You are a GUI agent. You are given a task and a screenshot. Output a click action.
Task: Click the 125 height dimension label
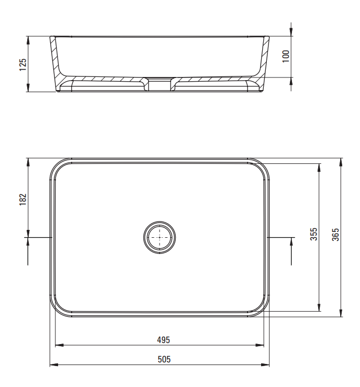pyautogui.click(x=23, y=64)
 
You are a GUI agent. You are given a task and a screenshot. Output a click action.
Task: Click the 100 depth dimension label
pyautogui.click(x=286, y=56)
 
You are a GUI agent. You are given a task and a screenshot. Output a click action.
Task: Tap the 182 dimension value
pyautogui.click(x=23, y=200)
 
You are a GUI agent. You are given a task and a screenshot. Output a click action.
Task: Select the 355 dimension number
pyautogui.click(x=313, y=234)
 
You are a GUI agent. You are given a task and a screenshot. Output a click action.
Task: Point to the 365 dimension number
pyautogui.click(x=335, y=235)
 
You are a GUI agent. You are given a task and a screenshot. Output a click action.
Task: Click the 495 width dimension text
pyautogui.click(x=163, y=340)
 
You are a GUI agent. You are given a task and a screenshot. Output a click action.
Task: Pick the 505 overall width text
pyautogui.click(x=164, y=359)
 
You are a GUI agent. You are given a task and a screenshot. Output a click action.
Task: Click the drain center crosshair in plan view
pyautogui.click(x=160, y=237)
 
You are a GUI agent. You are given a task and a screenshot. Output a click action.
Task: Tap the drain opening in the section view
pyautogui.click(x=160, y=84)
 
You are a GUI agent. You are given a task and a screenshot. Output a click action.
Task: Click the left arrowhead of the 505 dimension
pyautogui.click(x=54, y=364)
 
